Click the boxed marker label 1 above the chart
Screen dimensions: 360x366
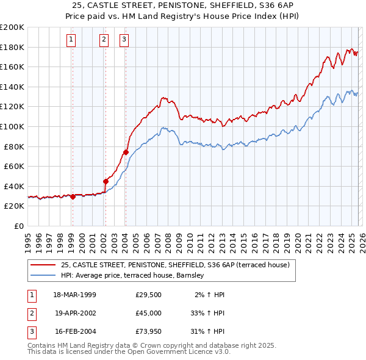tap(71, 40)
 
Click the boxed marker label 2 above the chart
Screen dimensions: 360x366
tap(104, 40)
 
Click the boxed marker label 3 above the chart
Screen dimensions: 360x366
tap(124, 40)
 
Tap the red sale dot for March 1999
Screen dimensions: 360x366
tap(73, 196)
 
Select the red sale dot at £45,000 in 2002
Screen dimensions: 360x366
tap(106, 181)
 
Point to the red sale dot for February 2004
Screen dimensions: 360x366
tap(126, 153)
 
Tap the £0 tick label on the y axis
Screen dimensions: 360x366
tap(18, 226)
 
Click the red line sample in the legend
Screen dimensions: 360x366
tap(43, 265)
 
